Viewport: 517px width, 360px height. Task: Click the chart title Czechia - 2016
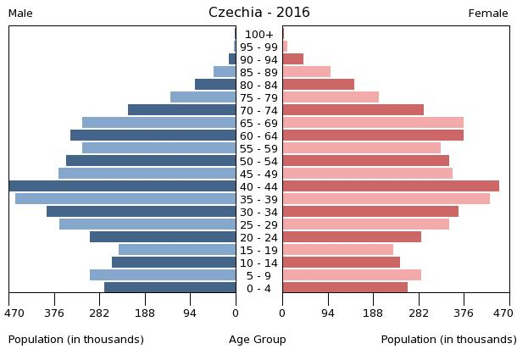tap(258, 13)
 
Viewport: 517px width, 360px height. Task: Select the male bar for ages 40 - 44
tap(123, 186)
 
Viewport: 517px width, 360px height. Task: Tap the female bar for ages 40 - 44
tap(391, 186)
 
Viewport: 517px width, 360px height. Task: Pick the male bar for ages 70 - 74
tap(182, 110)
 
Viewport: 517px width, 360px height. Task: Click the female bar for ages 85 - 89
tap(307, 72)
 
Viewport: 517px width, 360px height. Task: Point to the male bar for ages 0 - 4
tap(170, 288)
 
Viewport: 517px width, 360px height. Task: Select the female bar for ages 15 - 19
tap(338, 250)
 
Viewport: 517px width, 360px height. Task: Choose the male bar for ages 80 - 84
tap(215, 85)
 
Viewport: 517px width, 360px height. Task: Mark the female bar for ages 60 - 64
tap(373, 136)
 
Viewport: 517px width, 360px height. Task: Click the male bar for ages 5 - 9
tap(163, 275)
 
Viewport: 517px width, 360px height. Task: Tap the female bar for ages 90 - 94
tap(293, 59)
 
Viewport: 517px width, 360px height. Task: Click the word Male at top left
tap(20, 14)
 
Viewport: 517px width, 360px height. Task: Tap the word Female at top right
tap(488, 14)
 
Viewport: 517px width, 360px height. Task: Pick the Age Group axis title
tap(258, 340)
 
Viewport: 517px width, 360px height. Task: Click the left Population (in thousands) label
tap(76, 340)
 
